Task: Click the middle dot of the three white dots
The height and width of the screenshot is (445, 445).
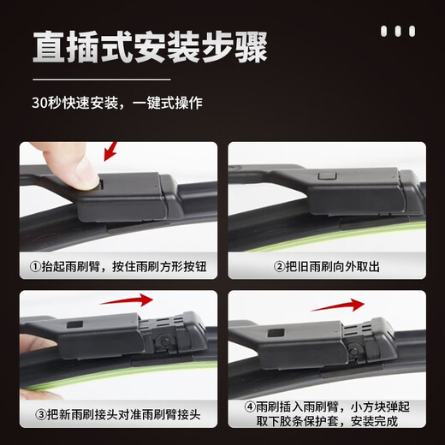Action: [x=398, y=32]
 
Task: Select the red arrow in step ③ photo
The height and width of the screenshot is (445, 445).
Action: [x=127, y=301]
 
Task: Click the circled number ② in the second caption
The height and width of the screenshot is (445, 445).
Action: [x=278, y=267]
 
